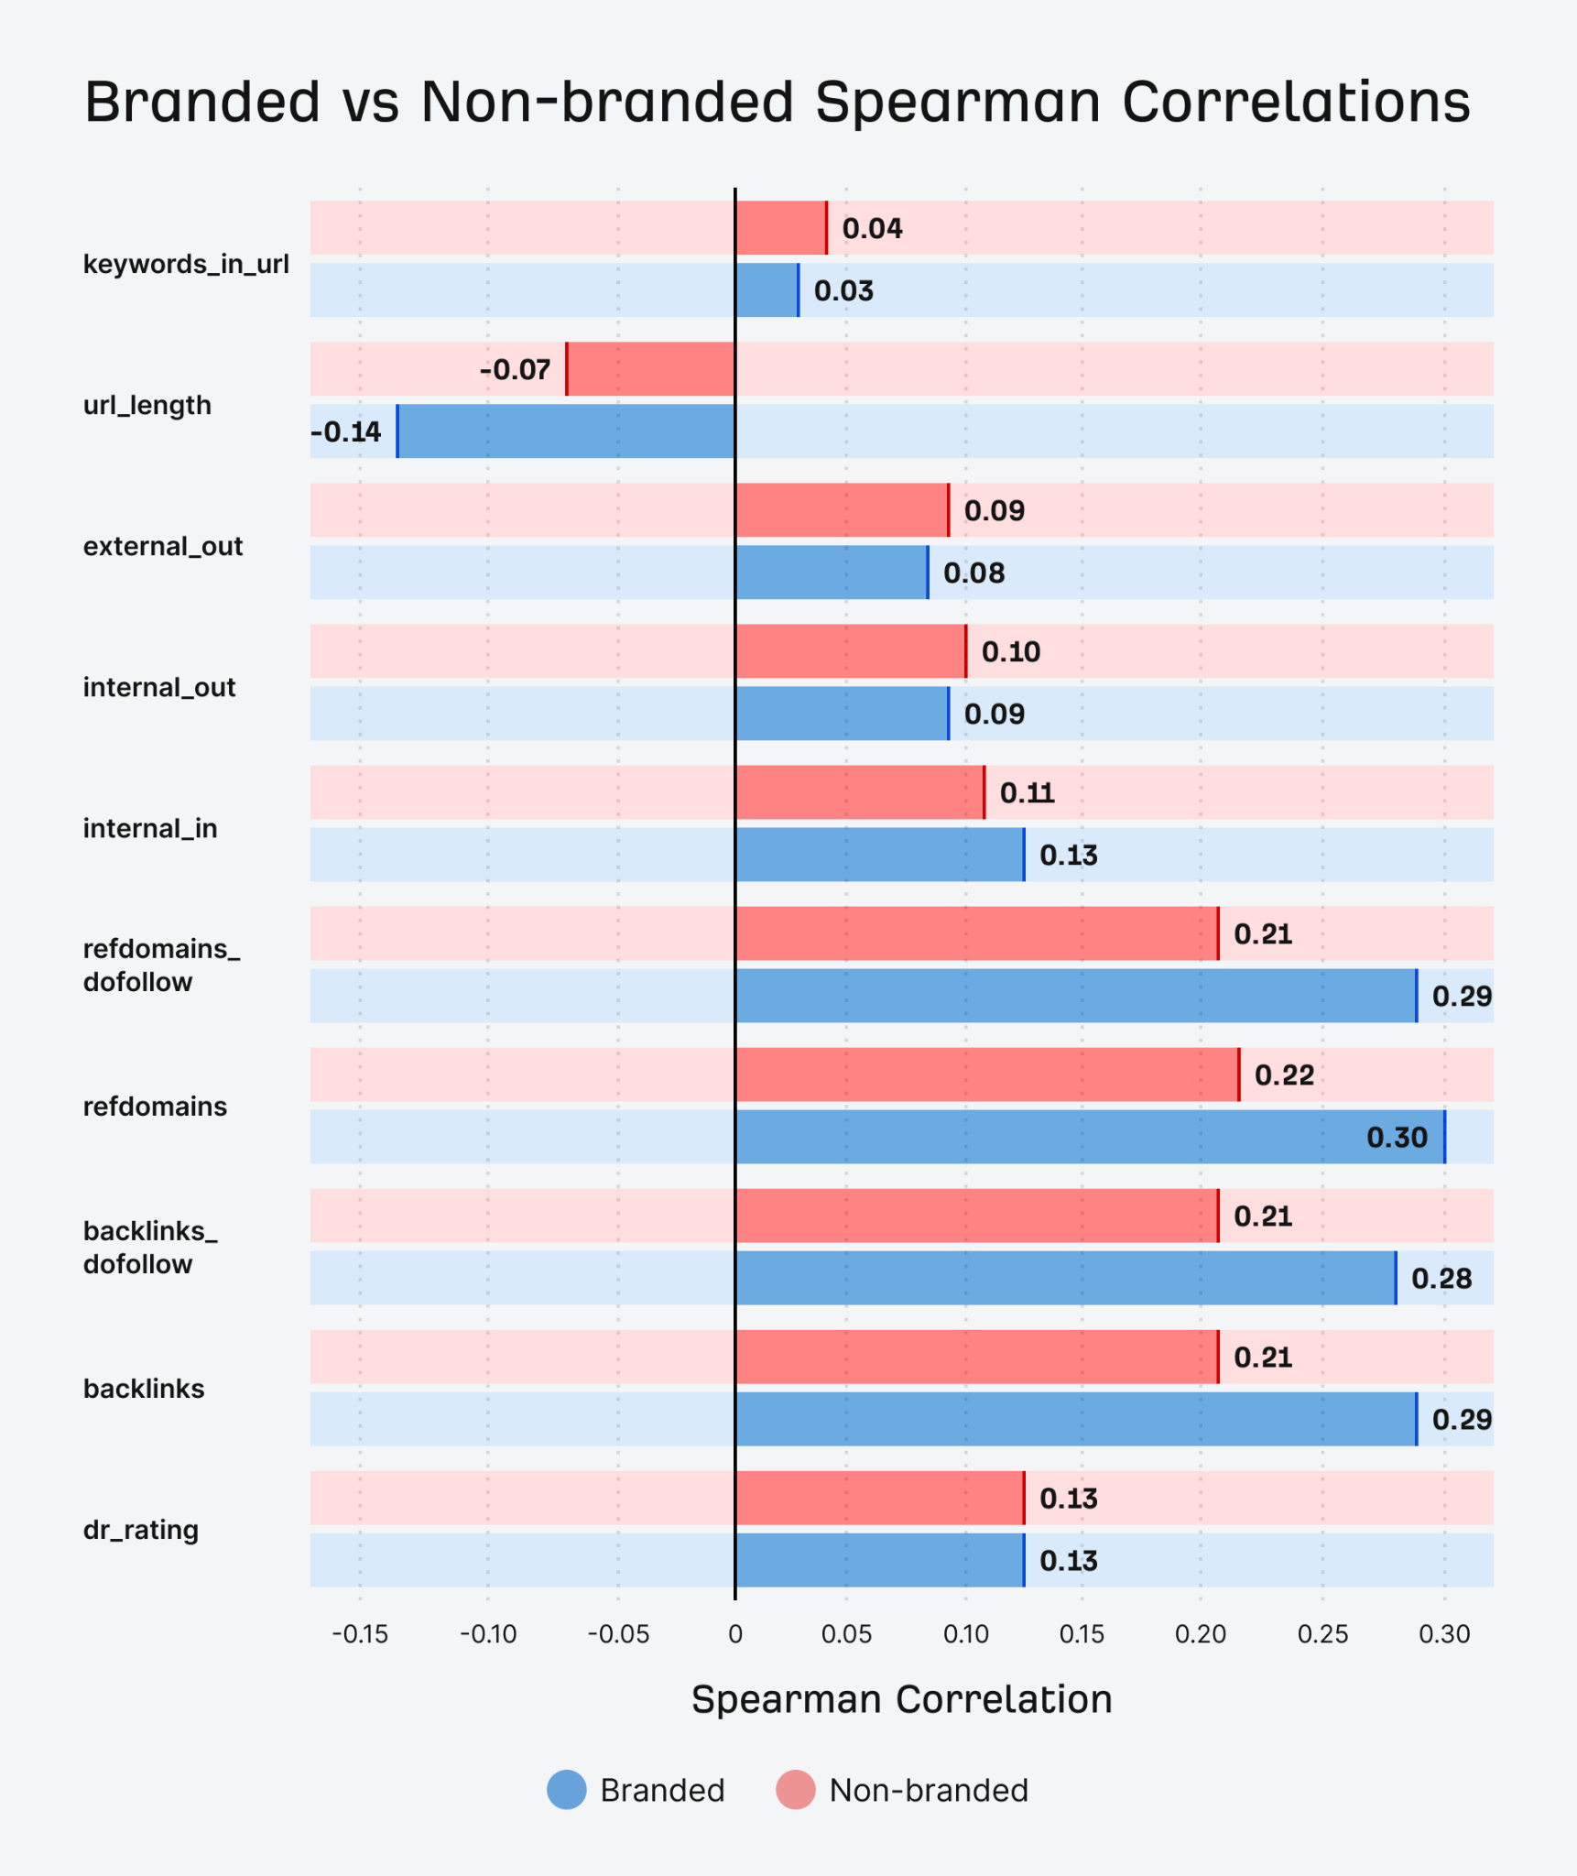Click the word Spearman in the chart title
[957, 103]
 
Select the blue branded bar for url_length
[566, 431]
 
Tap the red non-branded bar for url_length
[651, 369]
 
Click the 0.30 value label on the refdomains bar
[1396, 1138]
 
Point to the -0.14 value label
[346, 431]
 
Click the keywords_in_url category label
[186, 265]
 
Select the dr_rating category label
[141, 1530]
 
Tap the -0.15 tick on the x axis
[359, 1634]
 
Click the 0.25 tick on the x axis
[1322, 1634]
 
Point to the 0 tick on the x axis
[735, 1634]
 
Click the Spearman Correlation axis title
[901, 1700]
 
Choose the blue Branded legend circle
[567, 1790]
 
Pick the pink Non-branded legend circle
[795, 1790]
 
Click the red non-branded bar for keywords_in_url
[780, 228]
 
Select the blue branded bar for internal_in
[879, 855]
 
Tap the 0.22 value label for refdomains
[1284, 1075]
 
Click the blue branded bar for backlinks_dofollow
[1064, 1278]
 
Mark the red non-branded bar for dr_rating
[879, 1499]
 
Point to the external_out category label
[163, 547]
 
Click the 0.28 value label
[1441, 1279]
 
